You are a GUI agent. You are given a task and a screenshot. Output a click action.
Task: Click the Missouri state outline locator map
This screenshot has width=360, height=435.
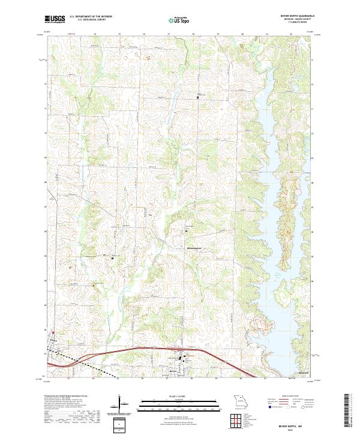[x=240, y=400]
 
